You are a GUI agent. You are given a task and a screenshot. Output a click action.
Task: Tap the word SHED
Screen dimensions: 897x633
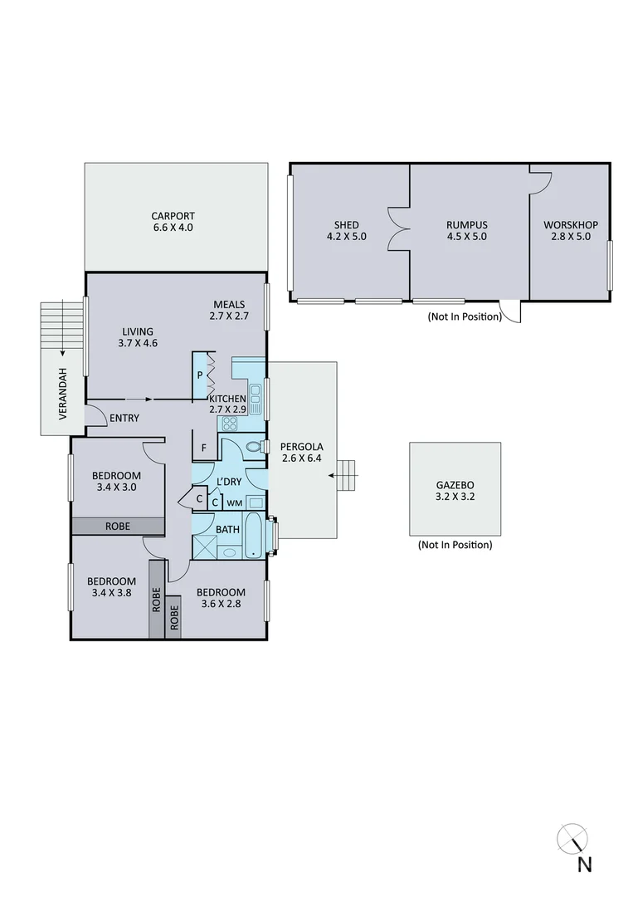[346, 224]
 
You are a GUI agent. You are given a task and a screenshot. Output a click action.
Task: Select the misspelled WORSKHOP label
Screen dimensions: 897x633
[570, 224]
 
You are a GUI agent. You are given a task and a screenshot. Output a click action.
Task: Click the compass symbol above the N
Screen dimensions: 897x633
[572, 837]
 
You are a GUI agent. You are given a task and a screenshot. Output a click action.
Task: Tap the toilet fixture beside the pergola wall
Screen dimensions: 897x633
[255, 448]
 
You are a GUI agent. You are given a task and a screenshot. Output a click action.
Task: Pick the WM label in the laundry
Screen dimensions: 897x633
[235, 502]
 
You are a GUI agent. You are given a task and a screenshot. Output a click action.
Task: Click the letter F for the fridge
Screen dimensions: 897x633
[203, 448]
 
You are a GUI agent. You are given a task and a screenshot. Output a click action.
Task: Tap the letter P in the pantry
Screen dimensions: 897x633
[200, 375]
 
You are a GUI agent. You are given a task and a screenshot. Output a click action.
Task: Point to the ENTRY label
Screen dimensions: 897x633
[124, 418]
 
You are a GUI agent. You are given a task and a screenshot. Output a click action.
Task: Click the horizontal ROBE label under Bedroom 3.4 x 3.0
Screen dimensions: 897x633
[116, 526]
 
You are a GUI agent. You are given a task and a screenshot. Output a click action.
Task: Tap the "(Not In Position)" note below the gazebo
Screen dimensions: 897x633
[455, 546]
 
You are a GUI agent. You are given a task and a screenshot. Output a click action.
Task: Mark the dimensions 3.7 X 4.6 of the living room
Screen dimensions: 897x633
[137, 344]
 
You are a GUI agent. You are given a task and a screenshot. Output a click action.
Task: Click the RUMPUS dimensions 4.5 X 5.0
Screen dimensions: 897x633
[465, 236]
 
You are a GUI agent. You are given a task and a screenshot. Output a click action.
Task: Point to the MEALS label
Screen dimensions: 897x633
[228, 304]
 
